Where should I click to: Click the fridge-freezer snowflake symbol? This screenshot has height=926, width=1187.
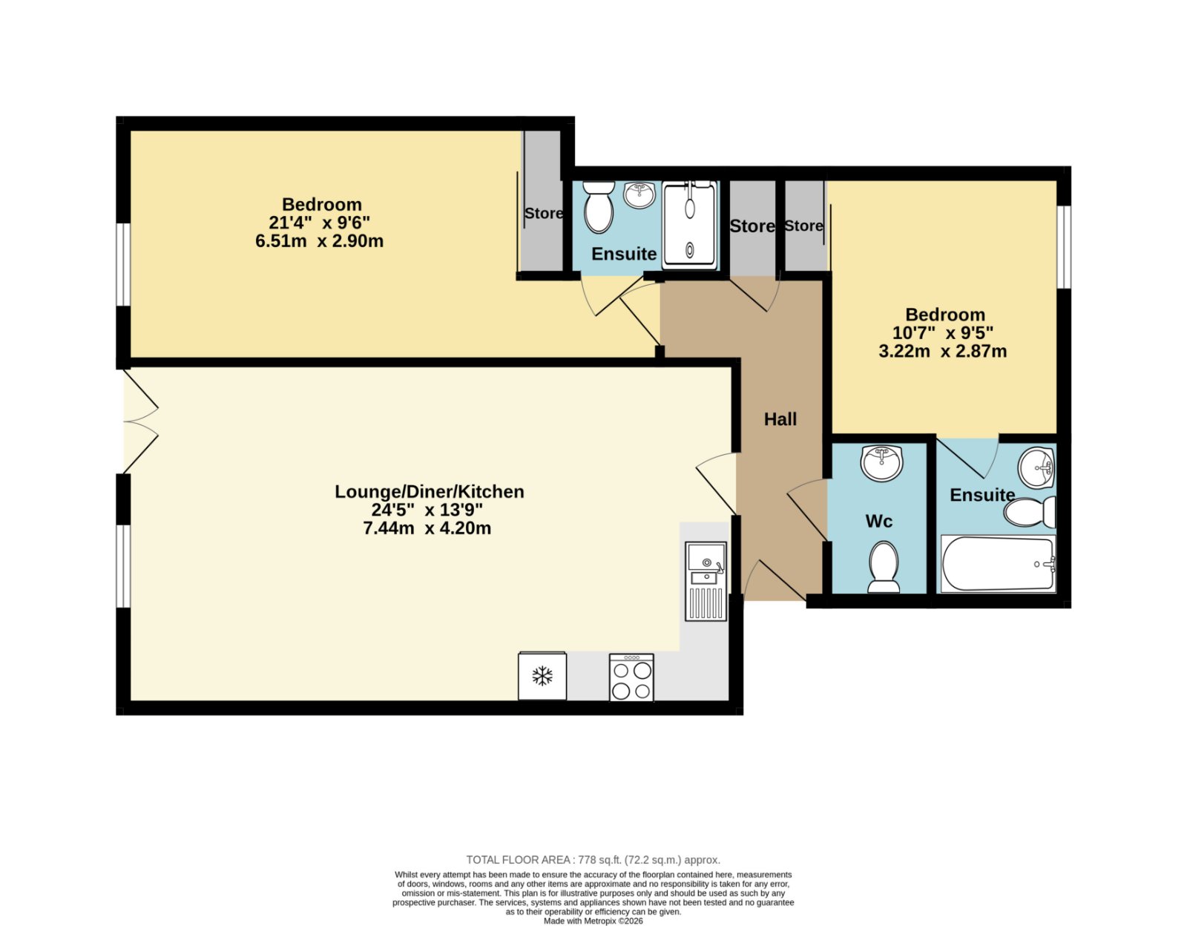pos(542,677)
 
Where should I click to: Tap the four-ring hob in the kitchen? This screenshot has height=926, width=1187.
pos(631,677)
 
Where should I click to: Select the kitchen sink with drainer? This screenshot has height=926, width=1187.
pos(706,581)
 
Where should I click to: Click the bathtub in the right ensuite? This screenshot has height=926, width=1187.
pos(998,564)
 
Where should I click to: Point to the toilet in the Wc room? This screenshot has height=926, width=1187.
pos(884,567)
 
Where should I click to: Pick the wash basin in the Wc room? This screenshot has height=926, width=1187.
pos(881,463)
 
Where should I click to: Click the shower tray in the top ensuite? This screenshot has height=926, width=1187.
pos(689,225)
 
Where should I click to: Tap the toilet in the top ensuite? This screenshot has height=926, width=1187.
pos(599,207)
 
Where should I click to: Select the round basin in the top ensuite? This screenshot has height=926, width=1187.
pos(639,195)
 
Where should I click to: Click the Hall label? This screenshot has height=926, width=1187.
pos(780,419)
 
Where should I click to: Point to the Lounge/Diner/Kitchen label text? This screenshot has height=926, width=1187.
pos(429,492)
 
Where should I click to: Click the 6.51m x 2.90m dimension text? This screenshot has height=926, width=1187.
pos(319,241)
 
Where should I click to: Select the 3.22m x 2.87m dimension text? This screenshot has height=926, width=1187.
pos(942,351)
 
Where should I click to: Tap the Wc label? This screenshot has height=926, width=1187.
pos(878,521)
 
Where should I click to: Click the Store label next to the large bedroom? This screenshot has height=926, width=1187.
pos(543,213)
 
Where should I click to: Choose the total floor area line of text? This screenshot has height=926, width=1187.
pos(593,859)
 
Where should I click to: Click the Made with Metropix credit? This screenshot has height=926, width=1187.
pos(593,921)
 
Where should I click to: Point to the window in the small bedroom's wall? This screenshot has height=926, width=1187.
pos(1063,246)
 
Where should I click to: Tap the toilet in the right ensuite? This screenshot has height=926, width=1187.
pos(1029,513)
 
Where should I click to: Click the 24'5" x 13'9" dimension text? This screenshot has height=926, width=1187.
pos(427,510)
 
